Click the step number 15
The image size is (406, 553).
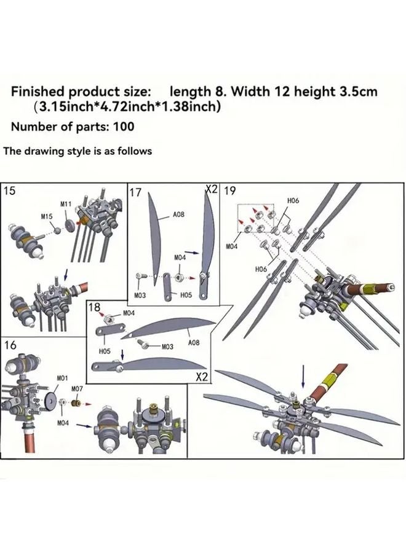10,190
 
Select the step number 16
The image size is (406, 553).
10,345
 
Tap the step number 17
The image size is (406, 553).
136,193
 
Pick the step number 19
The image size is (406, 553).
229,191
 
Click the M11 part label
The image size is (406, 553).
66,204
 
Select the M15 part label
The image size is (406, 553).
47,217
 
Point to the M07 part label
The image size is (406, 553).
77,389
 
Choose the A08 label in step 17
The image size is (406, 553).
178,214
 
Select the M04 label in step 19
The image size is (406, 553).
231,246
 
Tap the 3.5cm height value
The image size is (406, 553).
358,92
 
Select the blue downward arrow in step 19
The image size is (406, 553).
303,374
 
